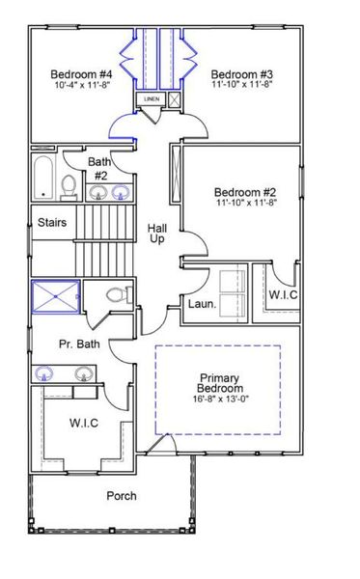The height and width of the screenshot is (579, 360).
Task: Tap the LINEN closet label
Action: coord(152,99)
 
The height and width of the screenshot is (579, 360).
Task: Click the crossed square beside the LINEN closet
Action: coord(174,99)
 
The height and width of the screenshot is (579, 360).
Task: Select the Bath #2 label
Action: coord(99,168)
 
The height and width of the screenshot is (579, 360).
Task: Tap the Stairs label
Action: coord(51,222)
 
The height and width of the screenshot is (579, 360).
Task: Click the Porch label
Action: coord(121,496)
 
